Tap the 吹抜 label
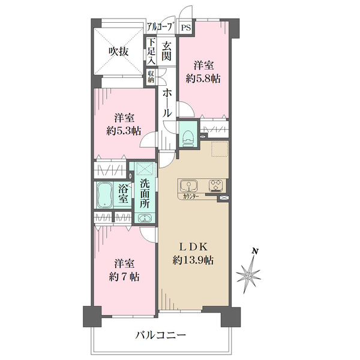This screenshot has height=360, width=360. click(118, 52)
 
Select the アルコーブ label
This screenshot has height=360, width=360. click(160, 28)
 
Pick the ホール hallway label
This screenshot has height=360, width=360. click(168, 102)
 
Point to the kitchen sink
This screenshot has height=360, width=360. click(187, 185)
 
